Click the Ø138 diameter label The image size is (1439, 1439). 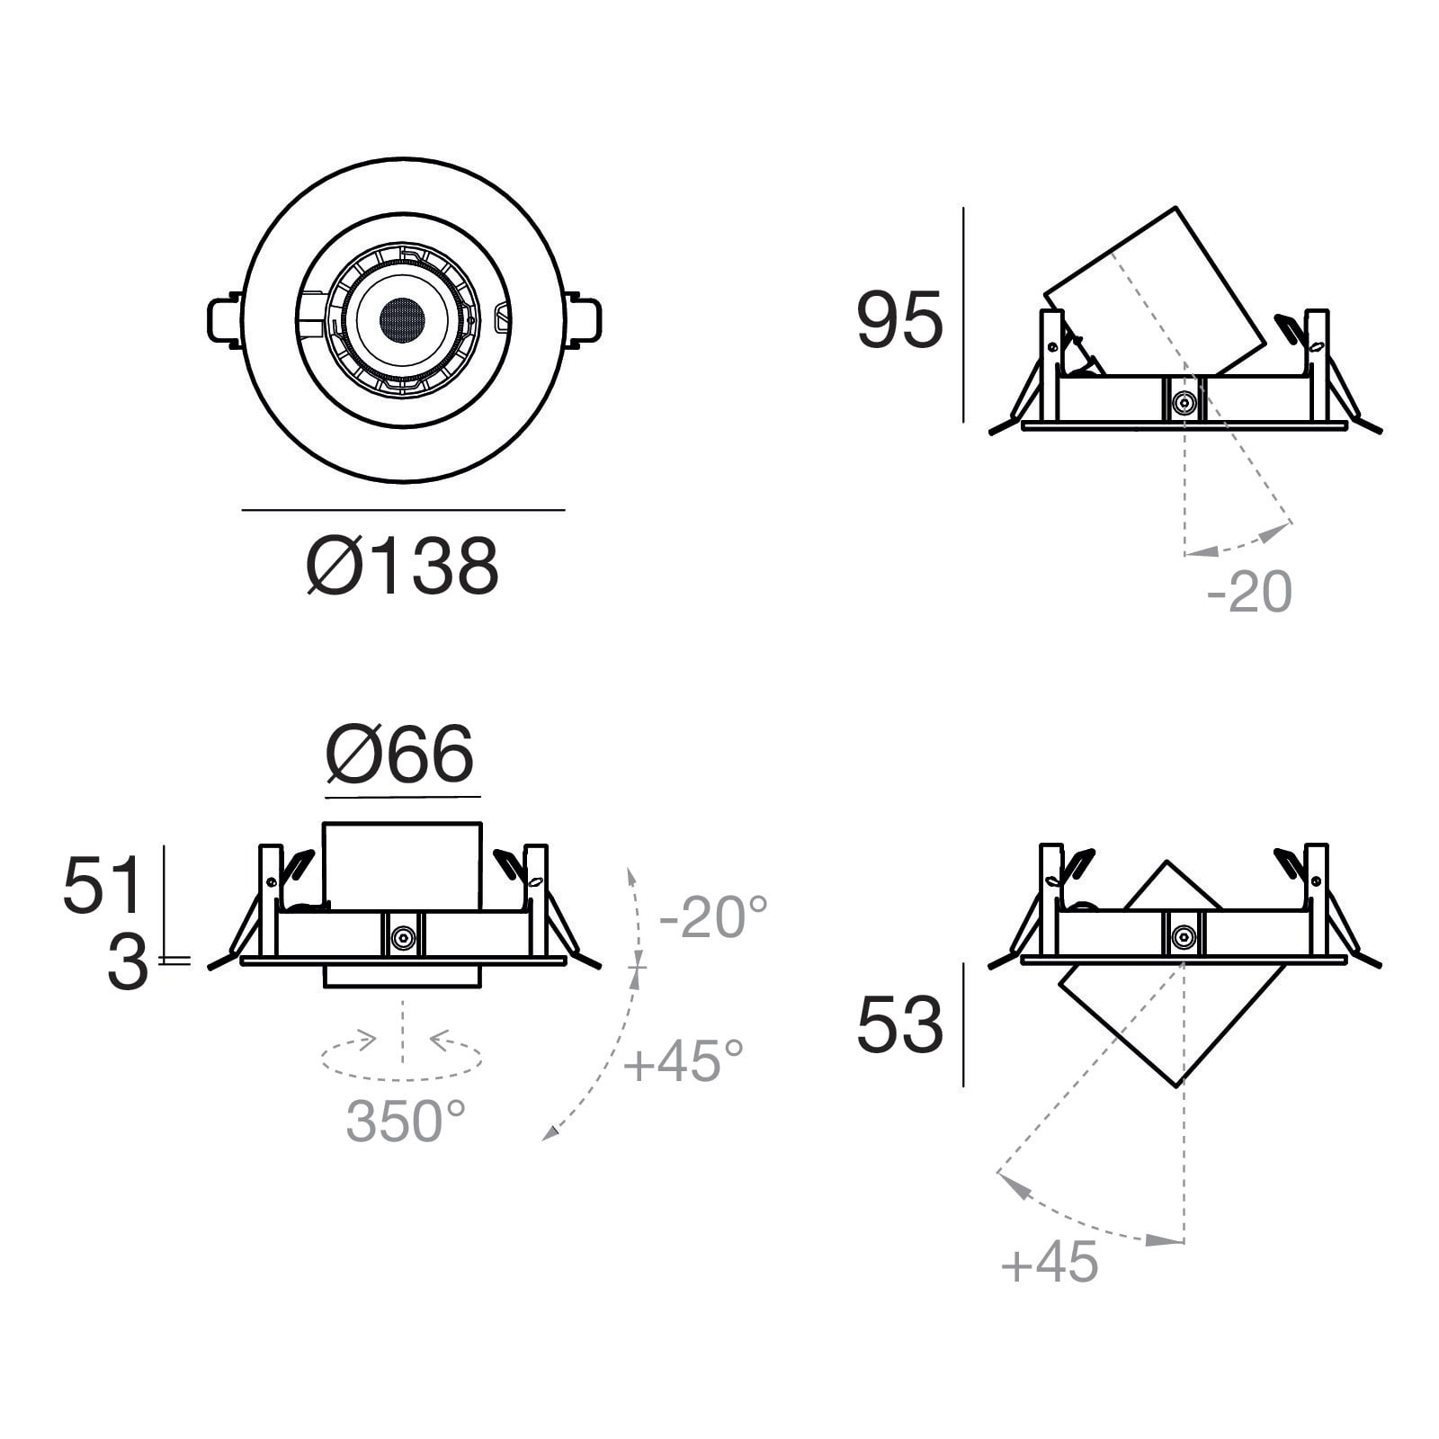[x=402, y=567]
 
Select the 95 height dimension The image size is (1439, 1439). [x=899, y=320]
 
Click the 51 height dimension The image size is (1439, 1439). [x=103, y=885]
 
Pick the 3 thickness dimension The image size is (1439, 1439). [x=127, y=963]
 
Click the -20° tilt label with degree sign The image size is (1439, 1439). [x=714, y=917]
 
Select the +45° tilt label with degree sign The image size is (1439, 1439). [x=684, y=1060]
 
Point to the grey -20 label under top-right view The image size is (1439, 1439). [x=1249, y=592]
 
